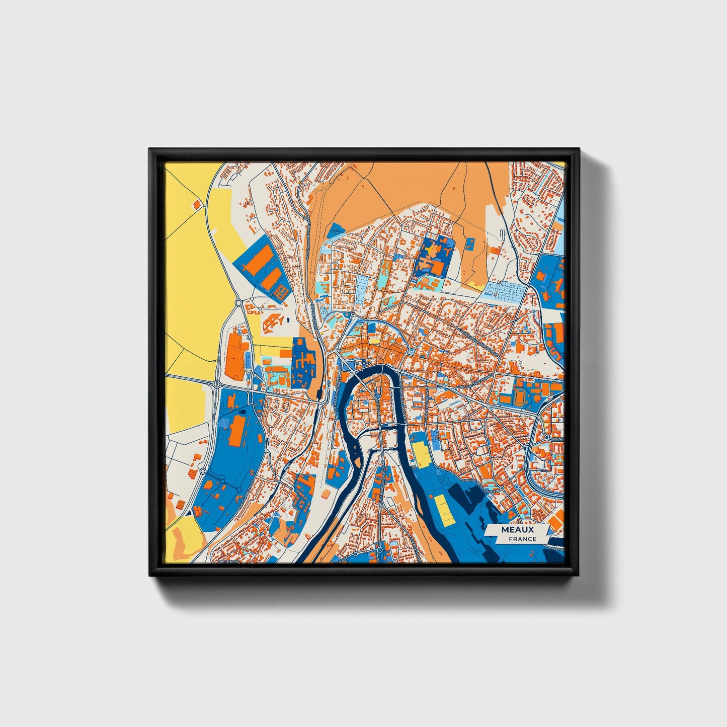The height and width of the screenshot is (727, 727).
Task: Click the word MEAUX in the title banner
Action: pyautogui.click(x=517, y=530)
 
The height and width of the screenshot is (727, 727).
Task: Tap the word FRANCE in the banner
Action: pyautogui.click(x=522, y=539)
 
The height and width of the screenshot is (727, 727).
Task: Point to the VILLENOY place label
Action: pyautogui.click(x=227, y=560)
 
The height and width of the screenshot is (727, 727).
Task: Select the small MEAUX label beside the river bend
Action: pyautogui.click(x=363, y=362)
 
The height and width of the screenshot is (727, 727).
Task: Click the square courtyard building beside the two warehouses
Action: pyautogui.click(x=273, y=320)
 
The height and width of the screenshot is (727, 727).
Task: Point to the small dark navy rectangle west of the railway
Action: pyautogui.click(x=288, y=319)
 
